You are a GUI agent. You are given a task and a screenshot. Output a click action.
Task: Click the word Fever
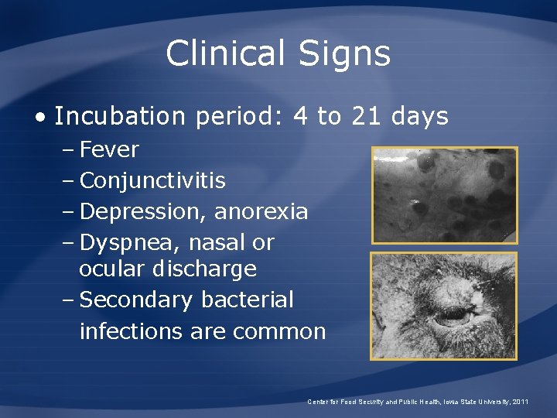tap(109, 149)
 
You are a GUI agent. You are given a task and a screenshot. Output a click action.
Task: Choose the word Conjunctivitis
tap(152, 181)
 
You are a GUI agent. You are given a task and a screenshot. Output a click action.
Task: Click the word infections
tap(127, 331)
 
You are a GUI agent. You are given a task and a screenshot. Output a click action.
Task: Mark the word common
tap(279, 331)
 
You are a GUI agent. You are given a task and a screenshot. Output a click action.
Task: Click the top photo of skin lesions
tap(444, 194)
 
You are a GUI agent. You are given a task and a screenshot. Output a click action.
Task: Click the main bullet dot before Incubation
tap(39, 117)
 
